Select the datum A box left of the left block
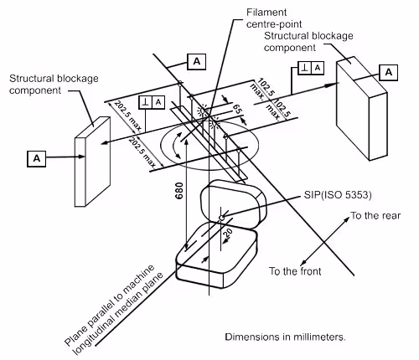[36, 157]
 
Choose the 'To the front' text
[296, 271]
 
